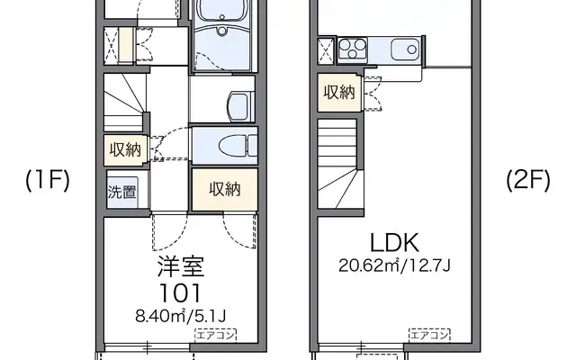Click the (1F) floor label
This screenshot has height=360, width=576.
tap(48, 180)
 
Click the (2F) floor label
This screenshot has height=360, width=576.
tap(528, 180)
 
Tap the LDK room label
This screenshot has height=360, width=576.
tap(394, 243)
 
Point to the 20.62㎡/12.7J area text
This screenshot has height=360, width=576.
tap(394, 265)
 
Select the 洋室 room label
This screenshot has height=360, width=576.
tap(181, 266)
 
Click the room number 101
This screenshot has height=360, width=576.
tap(180, 293)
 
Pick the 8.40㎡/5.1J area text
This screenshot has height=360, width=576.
tap(180, 315)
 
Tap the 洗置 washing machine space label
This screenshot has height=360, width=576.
tap(122, 192)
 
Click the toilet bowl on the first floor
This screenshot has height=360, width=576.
tap(238, 147)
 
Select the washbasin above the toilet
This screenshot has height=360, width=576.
tap(241, 107)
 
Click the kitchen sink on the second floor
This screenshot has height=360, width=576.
tap(405, 49)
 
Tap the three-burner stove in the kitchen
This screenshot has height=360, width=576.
tap(352, 49)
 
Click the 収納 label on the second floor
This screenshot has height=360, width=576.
tap(339, 92)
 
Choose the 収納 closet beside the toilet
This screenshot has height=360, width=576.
tap(225, 190)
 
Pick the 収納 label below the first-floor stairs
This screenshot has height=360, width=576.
tap(125, 150)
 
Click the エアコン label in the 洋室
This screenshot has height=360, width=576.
tap(216, 335)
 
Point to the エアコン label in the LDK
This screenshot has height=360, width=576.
tap(429, 335)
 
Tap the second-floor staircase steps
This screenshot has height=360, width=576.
tap(337, 163)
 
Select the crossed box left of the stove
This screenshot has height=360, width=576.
tap(326, 50)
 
